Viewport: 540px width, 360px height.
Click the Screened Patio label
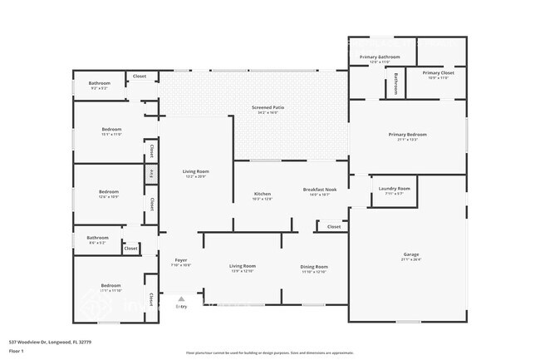[268, 109]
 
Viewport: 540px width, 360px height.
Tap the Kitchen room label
[262, 195]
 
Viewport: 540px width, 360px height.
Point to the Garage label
[410, 255]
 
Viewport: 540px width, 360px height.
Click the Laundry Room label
[393, 190]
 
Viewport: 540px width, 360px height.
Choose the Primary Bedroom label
[407, 135]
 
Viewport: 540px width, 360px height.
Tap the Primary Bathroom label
[380, 58]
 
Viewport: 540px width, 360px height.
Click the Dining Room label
[313, 267]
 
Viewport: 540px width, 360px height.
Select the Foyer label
[180, 261]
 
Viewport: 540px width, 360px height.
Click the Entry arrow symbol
[181, 298]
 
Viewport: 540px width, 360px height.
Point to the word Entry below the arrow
[181, 307]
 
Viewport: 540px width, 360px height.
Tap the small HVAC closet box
[151, 174]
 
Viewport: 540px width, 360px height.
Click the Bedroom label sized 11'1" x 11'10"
[111, 287]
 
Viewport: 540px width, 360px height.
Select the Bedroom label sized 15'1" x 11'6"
[111, 130]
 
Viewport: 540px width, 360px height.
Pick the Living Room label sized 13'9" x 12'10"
[243, 267]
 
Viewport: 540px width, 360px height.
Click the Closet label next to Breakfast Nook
[333, 226]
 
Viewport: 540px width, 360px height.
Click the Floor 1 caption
[17, 352]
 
